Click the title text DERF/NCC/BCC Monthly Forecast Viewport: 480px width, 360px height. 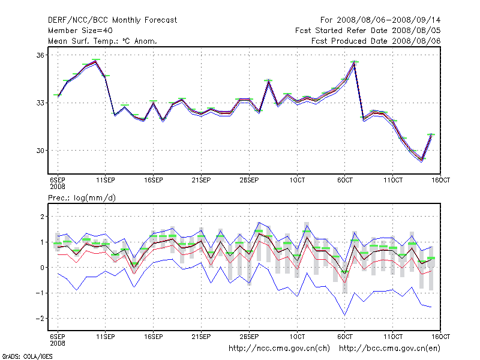(x=112, y=20)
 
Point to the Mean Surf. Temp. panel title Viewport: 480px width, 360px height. (x=103, y=41)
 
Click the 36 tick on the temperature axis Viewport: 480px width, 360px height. (x=40, y=55)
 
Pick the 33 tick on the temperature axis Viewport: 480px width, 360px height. (x=40, y=103)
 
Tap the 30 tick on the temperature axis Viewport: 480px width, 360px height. (x=40, y=150)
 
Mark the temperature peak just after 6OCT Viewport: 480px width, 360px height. (x=355, y=62)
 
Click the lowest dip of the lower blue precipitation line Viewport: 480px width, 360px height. (x=344, y=315)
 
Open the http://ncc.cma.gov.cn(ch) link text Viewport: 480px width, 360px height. (x=279, y=347)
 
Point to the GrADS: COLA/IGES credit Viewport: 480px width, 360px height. (x=28, y=356)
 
